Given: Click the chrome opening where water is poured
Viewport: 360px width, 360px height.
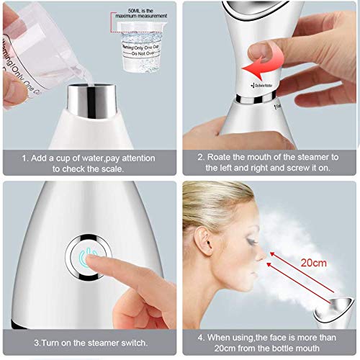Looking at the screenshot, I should (91, 102).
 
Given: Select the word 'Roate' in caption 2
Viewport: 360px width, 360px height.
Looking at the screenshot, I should (223, 156).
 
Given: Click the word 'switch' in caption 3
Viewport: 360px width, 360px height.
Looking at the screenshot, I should (130, 342).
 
